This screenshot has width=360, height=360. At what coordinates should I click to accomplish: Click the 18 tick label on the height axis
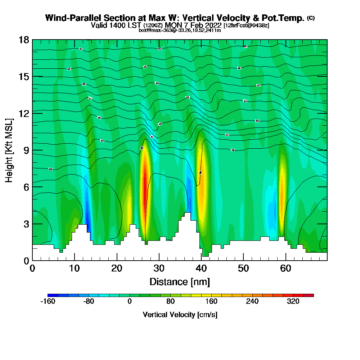tap(24, 40)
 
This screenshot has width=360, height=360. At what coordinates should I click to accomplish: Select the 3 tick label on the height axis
tap(26, 224)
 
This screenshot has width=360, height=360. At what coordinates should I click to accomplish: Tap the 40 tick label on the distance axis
tap(201, 268)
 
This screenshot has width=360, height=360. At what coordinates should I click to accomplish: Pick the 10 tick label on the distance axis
tap(75, 268)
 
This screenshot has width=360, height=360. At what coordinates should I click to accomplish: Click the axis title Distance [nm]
tap(180, 282)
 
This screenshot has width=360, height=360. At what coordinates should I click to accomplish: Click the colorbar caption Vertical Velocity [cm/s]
tap(180, 315)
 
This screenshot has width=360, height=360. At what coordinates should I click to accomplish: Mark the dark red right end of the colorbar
tap(311, 295)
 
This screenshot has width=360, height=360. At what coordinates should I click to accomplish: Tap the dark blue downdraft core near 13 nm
tap(87, 216)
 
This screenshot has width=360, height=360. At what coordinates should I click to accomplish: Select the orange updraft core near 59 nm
tap(282, 184)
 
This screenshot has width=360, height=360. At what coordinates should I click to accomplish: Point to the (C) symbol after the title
tap(311, 18)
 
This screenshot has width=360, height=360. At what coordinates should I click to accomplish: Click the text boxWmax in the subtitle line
tap(148, 30)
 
